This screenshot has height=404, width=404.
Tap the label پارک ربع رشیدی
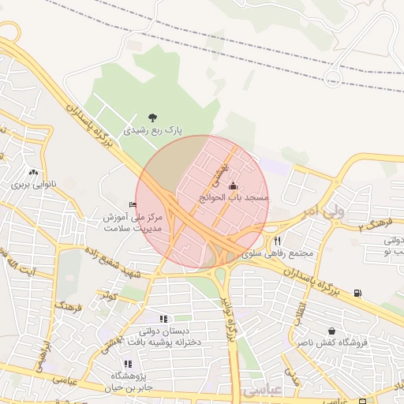click(x=153, y=129)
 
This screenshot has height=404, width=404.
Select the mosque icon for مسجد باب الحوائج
click(x=232, y=186)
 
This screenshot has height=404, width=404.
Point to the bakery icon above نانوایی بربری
click(x=33, y=172)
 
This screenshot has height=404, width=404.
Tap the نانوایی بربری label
click(x=34, y=185)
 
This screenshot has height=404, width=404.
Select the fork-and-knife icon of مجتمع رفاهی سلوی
click(x=277, y=241)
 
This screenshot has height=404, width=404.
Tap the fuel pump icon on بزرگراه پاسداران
click(x=359, y=293)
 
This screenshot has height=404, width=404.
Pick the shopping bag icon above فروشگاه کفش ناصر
click(x=331, y=331)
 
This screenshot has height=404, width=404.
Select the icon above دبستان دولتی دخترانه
click(x=163, y=319)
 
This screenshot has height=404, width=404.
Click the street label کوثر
click(x=108, y=295)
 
